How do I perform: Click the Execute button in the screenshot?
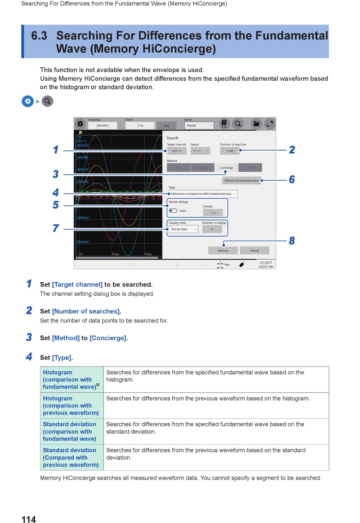pyautogui.click(x=223, y=251)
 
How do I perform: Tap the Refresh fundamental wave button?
pyautogui.click(x=241, y=180)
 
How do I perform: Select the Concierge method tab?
pyautogui.click(x=226, y=168)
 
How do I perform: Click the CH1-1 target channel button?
pyautogui.click(x=177, y=151)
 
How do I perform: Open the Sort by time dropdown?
pyautogui.click(x=183, y=229)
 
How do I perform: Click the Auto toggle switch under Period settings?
pyautogui.click(x=173, y=211)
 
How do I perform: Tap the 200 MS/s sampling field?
pyautogui.click(x=102, y=125)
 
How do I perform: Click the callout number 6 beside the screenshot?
pyautogui.click(x=292, y=180)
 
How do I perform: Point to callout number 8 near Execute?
pyautogui.click(x=292, y=241)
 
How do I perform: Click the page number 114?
pyautogui.click(x=29, y=519)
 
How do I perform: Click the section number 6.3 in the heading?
pyautogui.click(x=39, y=36)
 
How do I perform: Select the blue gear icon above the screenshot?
pyautogui.click(x=28, y=101)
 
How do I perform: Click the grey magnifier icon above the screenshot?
pyautogui.click(x=47, y=101)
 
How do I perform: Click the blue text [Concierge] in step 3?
pyautogui.click(x=108, y=338)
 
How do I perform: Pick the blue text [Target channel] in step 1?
pyautogui.click(x=77, y=285)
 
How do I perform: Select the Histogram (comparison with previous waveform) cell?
pyautogui.click(x=71, y=406)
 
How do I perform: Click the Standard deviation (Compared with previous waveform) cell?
pyautogui.click(x=71, y=457)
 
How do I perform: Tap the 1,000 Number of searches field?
pyautogui.click(x=230, y=151)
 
